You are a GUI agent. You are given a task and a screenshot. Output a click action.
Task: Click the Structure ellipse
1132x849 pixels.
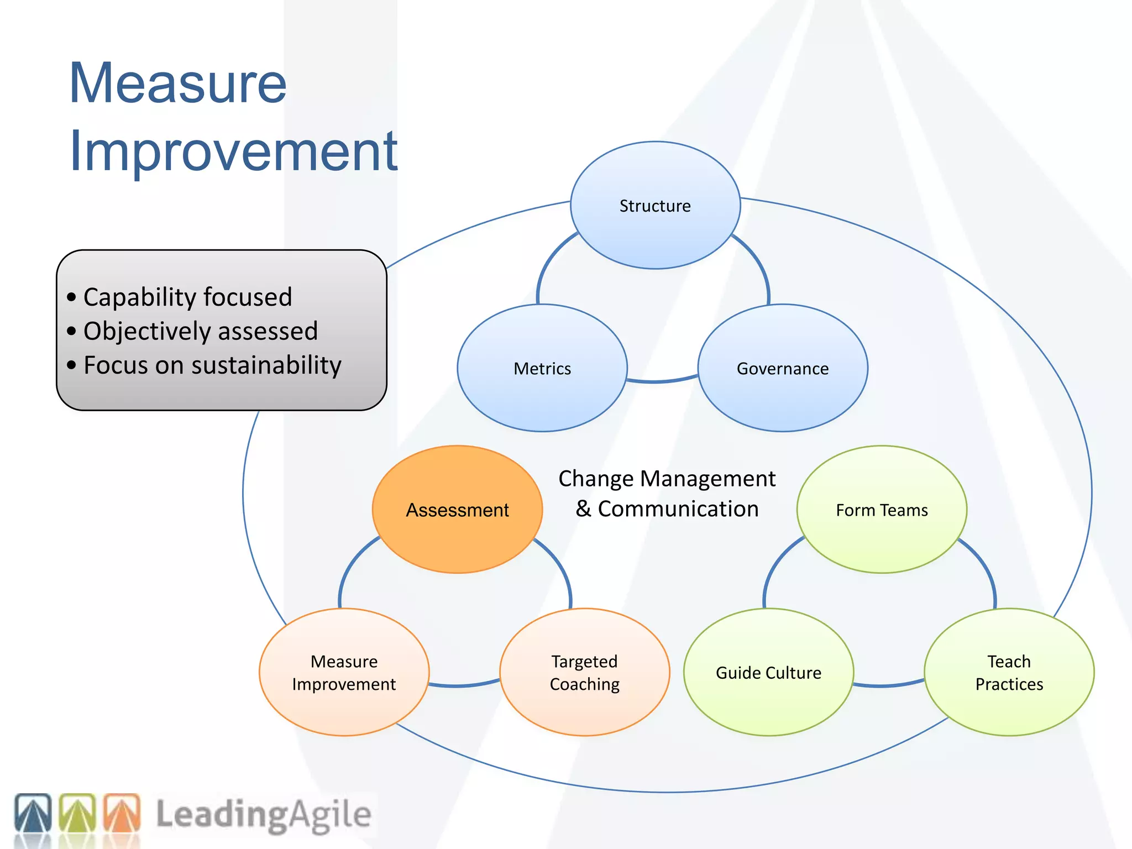tap(655, 206)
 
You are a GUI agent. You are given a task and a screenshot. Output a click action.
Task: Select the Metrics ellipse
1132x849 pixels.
tap(542, 368)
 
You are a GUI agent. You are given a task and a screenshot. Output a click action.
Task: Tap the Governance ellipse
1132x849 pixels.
tap(783, 368)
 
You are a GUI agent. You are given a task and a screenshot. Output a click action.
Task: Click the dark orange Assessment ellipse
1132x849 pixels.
tap(457, 510)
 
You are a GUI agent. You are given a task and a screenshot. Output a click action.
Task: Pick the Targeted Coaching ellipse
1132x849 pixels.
tap(584, 672)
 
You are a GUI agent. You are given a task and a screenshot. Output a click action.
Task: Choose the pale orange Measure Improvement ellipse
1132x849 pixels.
tap(344, 672)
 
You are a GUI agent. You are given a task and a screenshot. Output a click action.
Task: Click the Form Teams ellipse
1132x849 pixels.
tap(882, 510)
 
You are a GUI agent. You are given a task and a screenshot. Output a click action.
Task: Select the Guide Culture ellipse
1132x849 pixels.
tap(768, 672)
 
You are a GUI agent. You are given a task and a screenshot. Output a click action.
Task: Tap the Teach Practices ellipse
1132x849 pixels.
tap(1009, 672)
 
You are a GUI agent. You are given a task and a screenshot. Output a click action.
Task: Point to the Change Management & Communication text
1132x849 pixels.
tap(667, 494)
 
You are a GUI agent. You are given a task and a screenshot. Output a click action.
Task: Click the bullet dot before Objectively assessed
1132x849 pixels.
tap(71, 332)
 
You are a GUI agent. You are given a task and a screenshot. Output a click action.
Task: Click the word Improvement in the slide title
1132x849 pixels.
tap(233, 150)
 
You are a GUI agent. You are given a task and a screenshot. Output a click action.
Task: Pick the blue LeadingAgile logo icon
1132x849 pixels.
tap(33, 813)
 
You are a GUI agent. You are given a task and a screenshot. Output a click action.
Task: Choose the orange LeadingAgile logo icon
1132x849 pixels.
tap(122, 813)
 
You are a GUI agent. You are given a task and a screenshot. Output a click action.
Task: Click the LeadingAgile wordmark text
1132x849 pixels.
tap(263, 814)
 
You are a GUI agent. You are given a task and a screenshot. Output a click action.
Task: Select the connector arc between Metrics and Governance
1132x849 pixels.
tap(662, 381)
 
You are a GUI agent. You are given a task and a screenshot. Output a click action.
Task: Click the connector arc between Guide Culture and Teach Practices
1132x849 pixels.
tap(888, 685)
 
